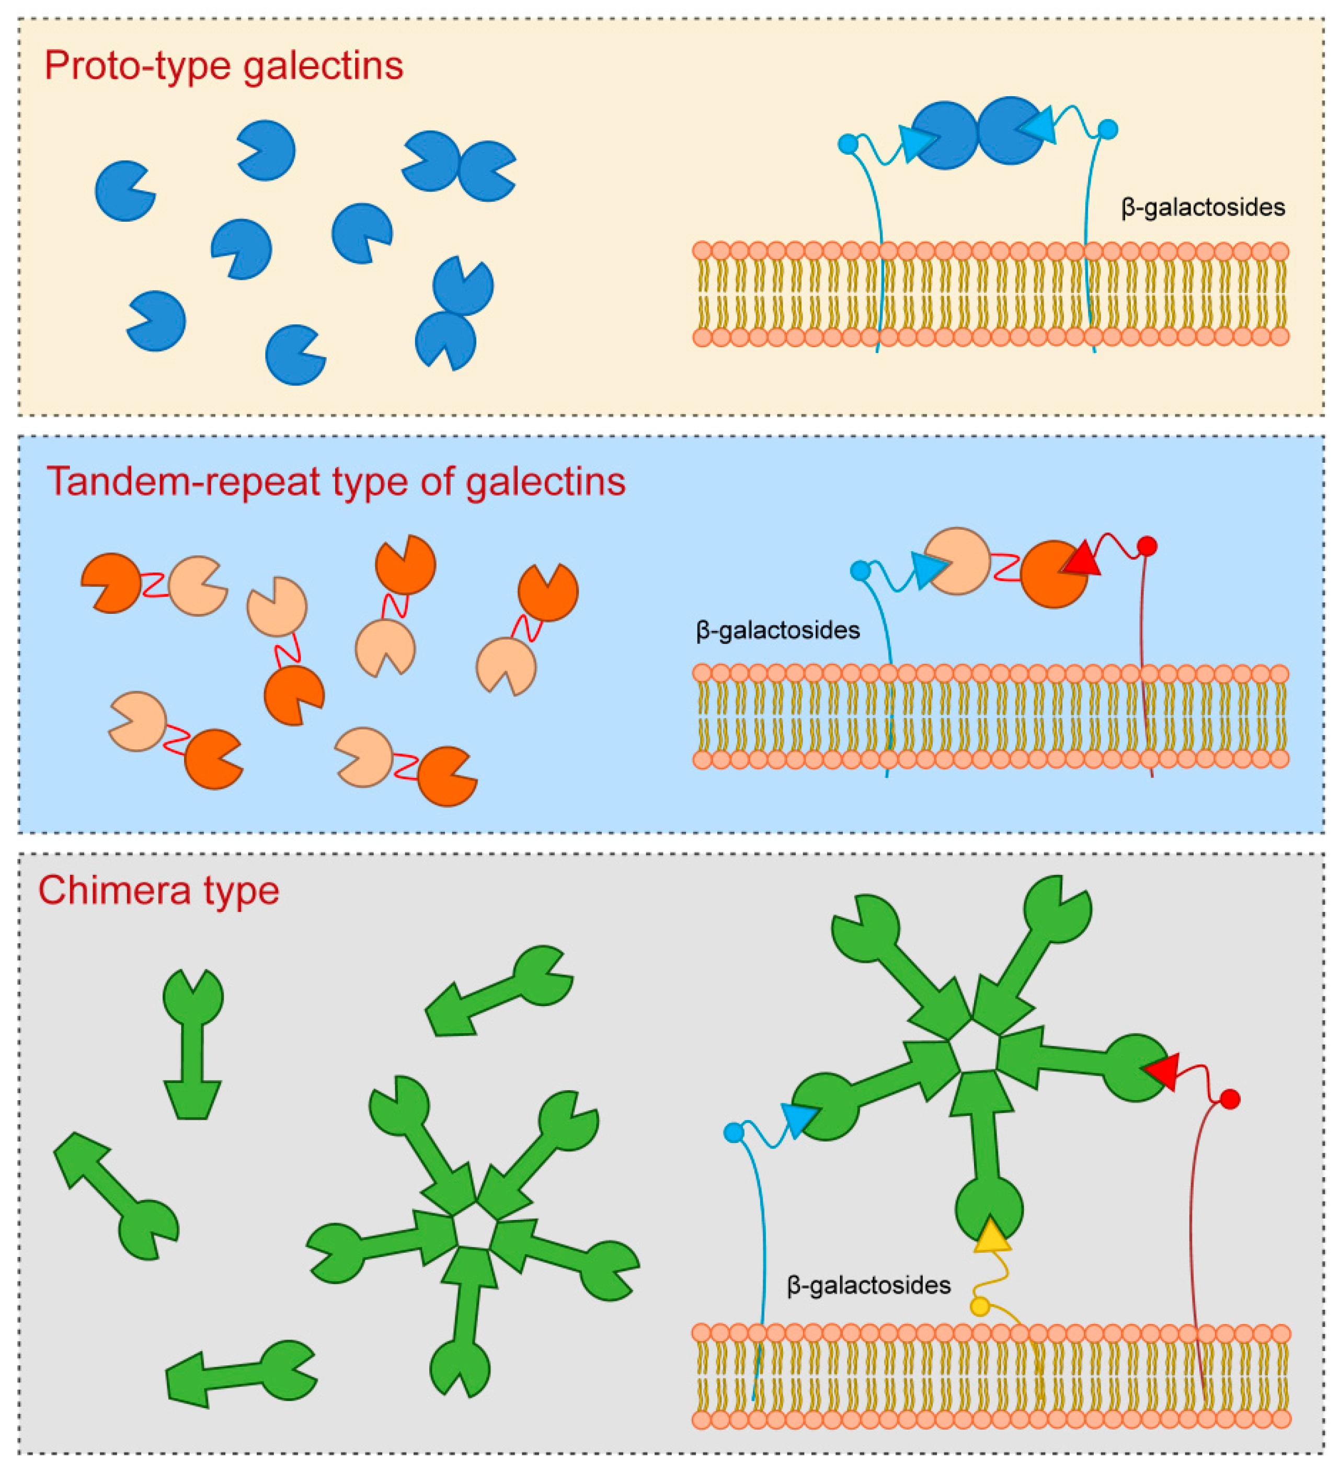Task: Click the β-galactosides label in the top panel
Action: click(x=1202, y=208)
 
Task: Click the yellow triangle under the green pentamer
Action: click(x=991, y=1236)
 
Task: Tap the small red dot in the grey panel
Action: click(x=1230, y=1099)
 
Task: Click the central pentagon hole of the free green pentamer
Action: click(x=472, y=1234)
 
